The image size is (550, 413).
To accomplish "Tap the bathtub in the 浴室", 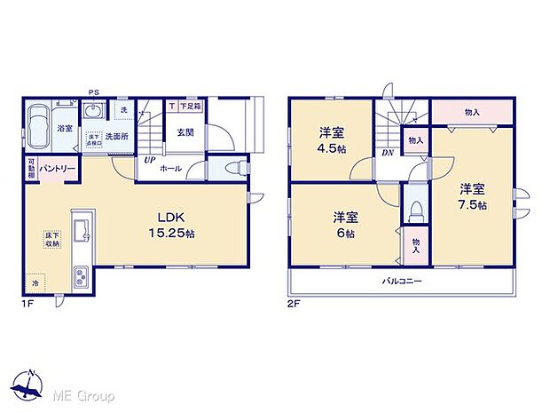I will pyautogui.click(x=41, y=127).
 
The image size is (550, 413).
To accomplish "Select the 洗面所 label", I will pyautogui.click(x=120, y=137).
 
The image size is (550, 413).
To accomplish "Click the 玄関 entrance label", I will pyautogui.click(x=185, y=132).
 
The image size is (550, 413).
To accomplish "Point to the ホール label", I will pyautogui.click(x=172, y=167).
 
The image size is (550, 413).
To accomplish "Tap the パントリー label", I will pyautogui.click(x=55, y=167).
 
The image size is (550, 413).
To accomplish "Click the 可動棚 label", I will pyautogui.click(x=31, y=167).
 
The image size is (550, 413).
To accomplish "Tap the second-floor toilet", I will pyautogui.click(x=415, y=210).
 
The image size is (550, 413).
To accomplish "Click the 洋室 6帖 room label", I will pyautogui.click(x=345, y=223).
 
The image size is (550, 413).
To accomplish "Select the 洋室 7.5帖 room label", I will pyautogui.click(x=472, y=195).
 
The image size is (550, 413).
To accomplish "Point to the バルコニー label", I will pyautogui.click(x=401, y=281).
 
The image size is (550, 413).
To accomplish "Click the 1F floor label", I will pyautogui.click(x=27, y=303).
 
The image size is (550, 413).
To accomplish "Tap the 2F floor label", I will pyautogui.click(x=294, y=303).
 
